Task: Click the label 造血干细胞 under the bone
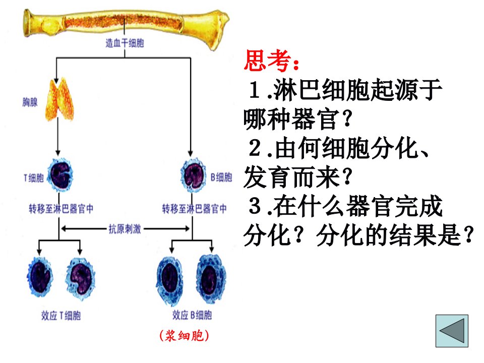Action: pos(125,43)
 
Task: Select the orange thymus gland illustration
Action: pos(59,99)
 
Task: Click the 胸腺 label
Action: pos(30,102)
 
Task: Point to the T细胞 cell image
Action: pos(60,175)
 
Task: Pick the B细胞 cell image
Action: pos(194,175)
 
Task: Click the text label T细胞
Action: pos(34,178)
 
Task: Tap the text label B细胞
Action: pos(221,177)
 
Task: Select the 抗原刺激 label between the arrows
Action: pos(125,229)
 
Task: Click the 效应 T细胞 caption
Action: pos(61,316)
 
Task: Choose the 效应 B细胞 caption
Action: pos(192,315)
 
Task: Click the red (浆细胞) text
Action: pos(185,336)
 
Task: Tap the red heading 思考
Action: pos(271,60)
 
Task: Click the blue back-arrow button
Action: pos(452,331)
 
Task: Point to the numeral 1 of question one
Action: pos(255,90)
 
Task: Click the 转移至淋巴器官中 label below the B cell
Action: pos(195,209)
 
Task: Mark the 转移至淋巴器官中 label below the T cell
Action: pos(61,209)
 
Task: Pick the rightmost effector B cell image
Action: pos(211,279)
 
